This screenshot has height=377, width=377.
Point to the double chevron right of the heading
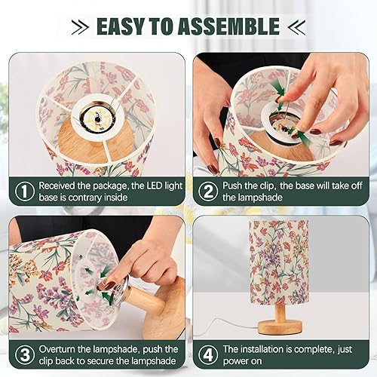coord(296,28)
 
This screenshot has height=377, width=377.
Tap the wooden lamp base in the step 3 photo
coord(163,302)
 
